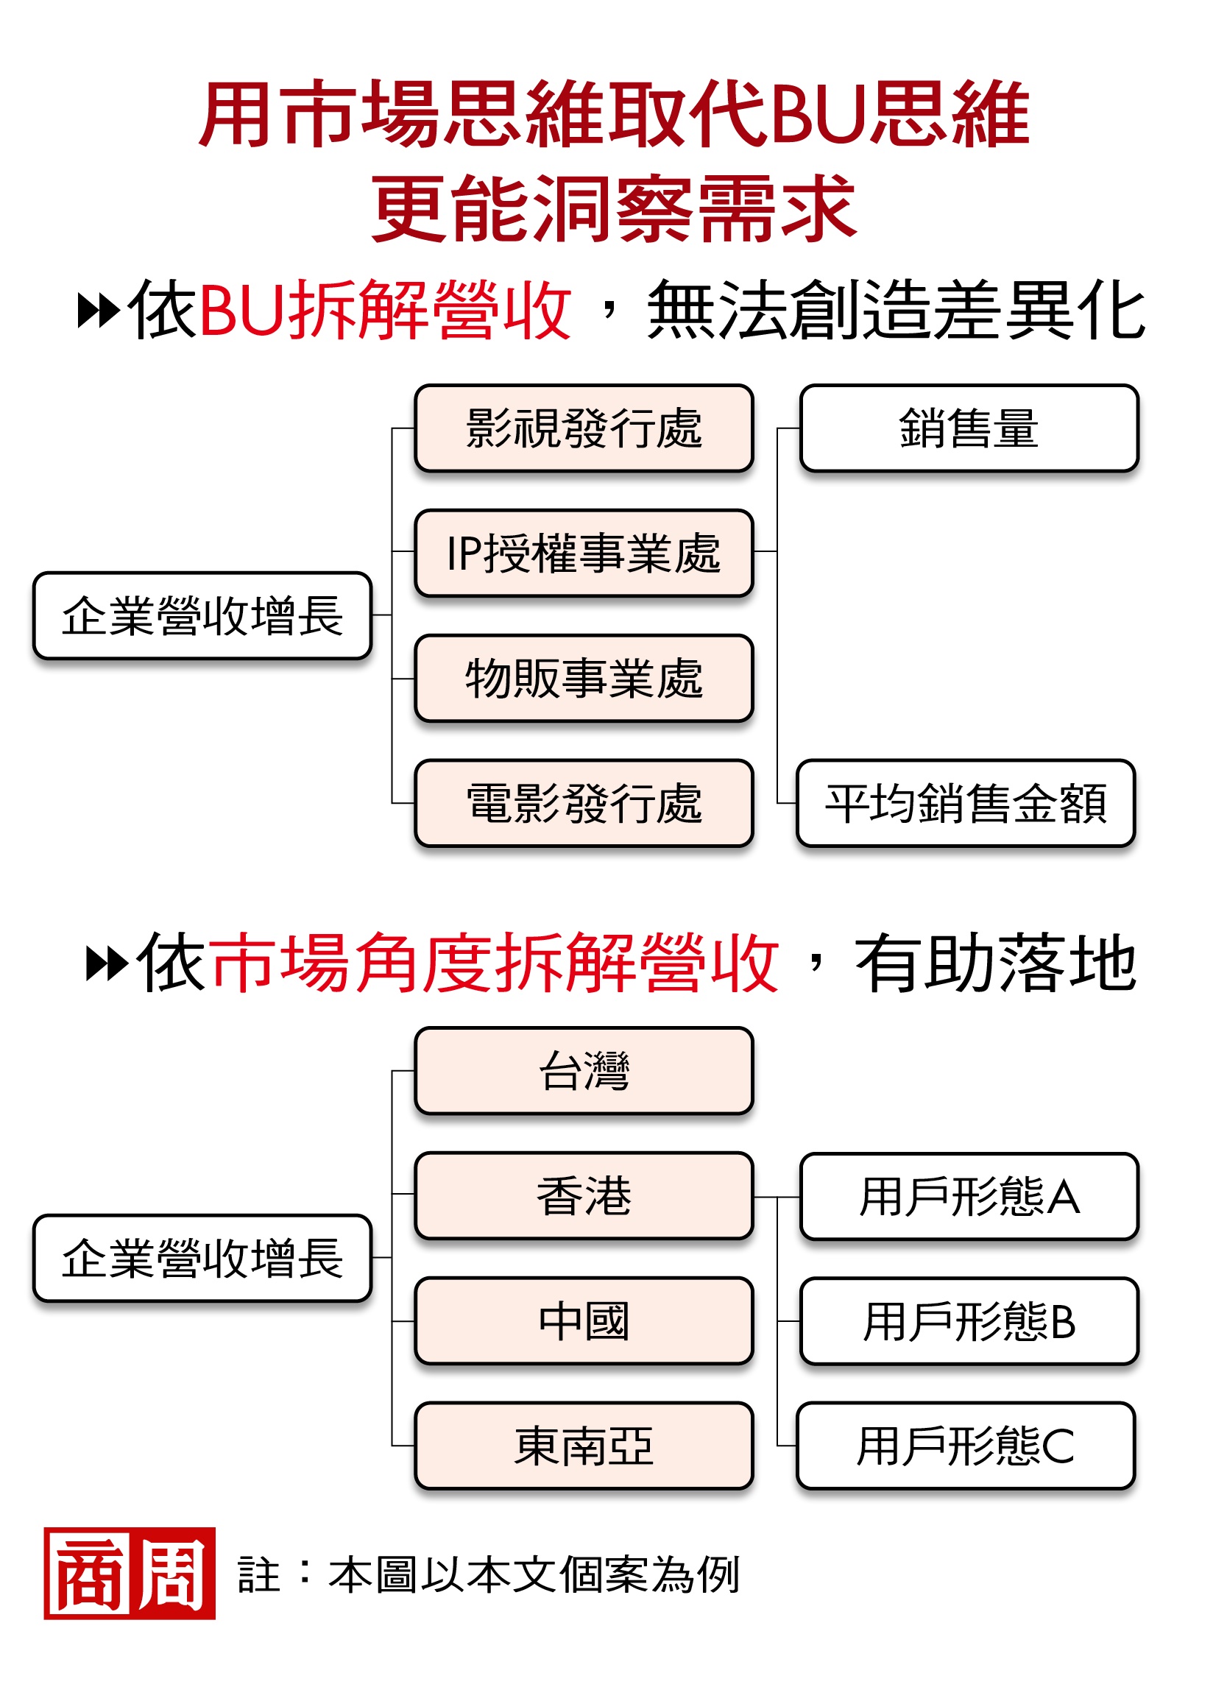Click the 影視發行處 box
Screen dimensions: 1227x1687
pos(584,428)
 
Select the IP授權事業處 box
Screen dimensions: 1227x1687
pos(584,554)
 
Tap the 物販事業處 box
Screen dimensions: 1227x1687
pos(584,679)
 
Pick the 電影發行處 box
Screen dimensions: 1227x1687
pos(584,803)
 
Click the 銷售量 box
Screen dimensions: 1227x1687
pos(969,428)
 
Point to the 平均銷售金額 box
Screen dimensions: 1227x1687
pos(965,803)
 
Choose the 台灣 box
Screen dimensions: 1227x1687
pos(584,1071)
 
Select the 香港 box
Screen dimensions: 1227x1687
pos(584,1196)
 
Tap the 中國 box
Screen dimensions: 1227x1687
pos(584,1321)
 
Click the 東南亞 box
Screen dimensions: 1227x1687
pos(584,1446)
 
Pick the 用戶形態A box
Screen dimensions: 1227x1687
pos(969,1197)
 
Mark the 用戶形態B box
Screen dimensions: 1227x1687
pos(969,1321)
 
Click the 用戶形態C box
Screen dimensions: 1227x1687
pos(965,1446)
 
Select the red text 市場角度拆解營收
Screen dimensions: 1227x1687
pos(495,963)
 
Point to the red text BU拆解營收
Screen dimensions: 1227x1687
pos(385,310)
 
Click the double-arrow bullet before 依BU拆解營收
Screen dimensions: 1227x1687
pos(99,311)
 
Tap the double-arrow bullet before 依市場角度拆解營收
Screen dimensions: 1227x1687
pos(107,963)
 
